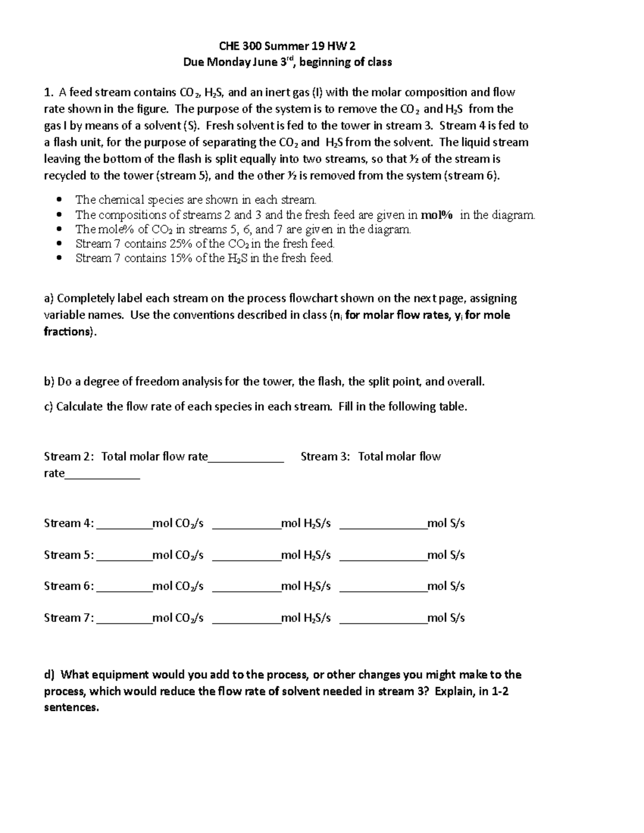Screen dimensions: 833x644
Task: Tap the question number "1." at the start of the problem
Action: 48,93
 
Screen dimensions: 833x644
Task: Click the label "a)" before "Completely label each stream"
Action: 49,298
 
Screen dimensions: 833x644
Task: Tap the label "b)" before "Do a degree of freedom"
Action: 49,382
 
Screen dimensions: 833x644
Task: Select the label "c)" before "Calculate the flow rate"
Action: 48,407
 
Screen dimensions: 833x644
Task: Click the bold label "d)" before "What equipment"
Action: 49,674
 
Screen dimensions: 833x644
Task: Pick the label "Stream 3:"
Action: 325,456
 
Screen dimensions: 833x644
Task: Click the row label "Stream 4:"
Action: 69,523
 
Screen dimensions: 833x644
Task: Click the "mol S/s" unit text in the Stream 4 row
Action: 446,523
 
